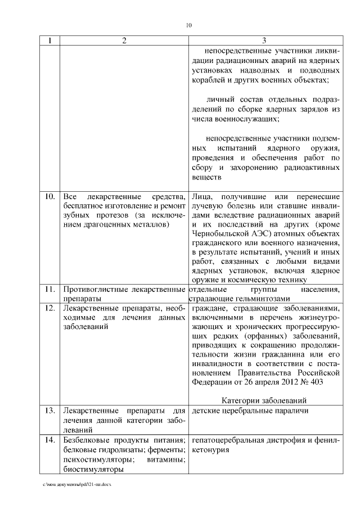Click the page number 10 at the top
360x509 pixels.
[189, 25]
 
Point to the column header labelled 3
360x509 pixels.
[265, 40]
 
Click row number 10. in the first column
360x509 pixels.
[49, 197]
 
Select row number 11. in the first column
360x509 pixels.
[49, 289]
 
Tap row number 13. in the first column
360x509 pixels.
[49, 411]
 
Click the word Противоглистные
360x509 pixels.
[93, 289]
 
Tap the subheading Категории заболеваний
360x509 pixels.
[264, 400]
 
